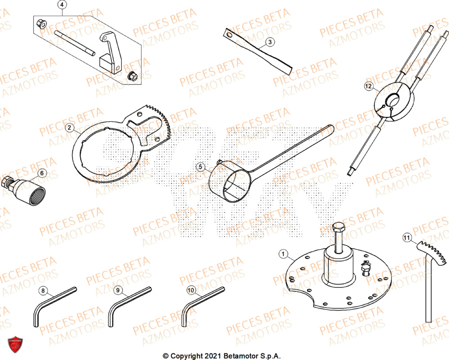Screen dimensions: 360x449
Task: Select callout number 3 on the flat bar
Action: (269, 42)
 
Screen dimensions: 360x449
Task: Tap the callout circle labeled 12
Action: (368, 86)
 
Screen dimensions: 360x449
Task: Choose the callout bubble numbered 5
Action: (201, 167)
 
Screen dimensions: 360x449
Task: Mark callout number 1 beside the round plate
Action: (282, 255)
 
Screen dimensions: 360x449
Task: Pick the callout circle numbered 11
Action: (406, 237)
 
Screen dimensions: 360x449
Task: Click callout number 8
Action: (43, 291)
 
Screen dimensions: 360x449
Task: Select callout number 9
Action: (118, 291)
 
